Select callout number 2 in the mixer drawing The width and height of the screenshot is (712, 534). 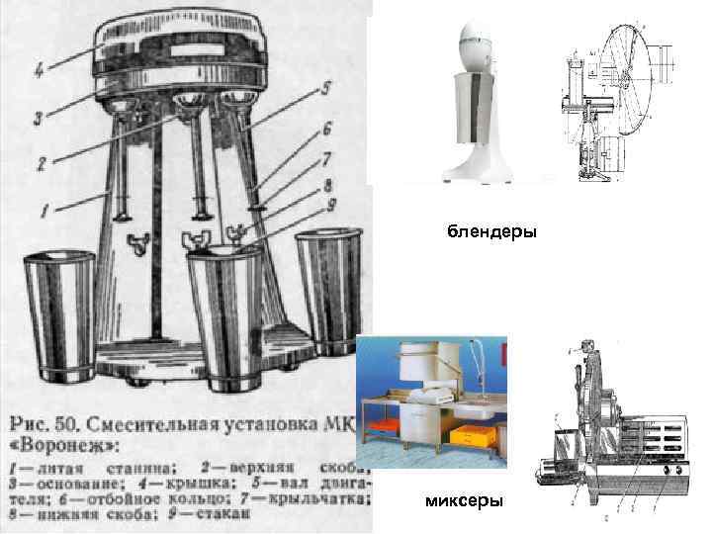(42, 164)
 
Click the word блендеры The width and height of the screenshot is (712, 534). (490, 233)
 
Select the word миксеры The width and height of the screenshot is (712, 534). (464, 501)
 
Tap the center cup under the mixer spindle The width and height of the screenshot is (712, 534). (225, 316)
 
